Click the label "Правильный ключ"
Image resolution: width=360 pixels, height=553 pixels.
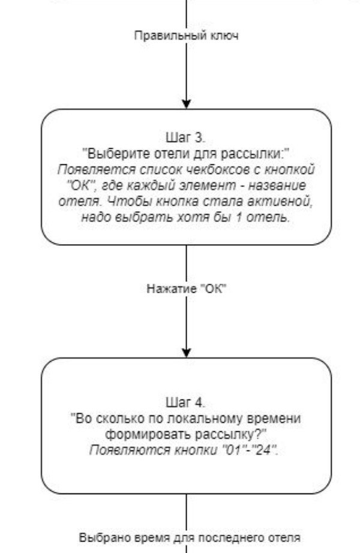187,35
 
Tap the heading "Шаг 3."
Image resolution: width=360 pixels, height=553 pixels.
185,137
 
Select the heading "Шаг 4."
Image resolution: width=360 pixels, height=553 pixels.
185,402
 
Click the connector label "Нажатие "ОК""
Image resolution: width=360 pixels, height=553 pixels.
187,288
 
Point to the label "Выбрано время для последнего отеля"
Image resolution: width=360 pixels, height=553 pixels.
190,538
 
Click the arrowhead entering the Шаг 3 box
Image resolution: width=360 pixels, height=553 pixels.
187,104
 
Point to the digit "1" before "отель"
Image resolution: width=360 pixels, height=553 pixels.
239,217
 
